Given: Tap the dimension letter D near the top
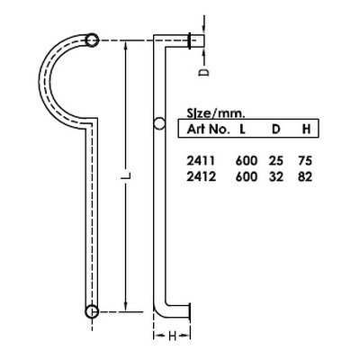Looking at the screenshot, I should pyautogui.click(x=204, y=66).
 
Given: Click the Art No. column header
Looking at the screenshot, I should pyautogui.click(x=205, y=130).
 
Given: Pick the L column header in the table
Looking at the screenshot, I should pyautogui.click(x=244, y=130).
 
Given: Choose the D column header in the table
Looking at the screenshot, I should pyautogui.click(x=276, y=130).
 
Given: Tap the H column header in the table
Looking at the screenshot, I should pyautogui.click(x=307, y=130).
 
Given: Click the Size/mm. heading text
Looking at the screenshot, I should pyautogui.click(x=214, y=113).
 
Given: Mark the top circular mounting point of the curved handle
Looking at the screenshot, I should pyautogui.click(x=92, y=40).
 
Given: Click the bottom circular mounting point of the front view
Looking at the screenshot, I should pyautogui.click(x=92, y=311).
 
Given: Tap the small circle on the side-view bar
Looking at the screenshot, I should pyautogui.click(x=160, y=122).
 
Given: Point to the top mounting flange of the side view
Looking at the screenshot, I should pyautogui.click(x=193, y=40).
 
